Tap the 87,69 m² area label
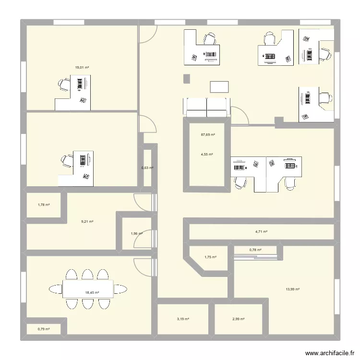click(x=208, y=135)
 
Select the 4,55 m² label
click(x=206, y=155)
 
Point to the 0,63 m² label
click(x=147, y=168)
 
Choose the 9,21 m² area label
click(x=87, y=222)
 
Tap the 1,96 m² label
click(x=137, y=234)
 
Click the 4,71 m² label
click(x=261, y=232)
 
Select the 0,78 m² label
click(x=255, y=250)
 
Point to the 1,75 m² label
click(x=210, y=257)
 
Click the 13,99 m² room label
click(x=292, y=289)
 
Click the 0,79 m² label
click(x=44, y=329)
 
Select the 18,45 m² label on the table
click(x=92, y=292)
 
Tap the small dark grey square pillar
click(x=186, y=78)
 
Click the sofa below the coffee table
click(x=206, y=107)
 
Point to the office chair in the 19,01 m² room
click(x=64, y=85)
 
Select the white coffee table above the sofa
click(x=219, y=86)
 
